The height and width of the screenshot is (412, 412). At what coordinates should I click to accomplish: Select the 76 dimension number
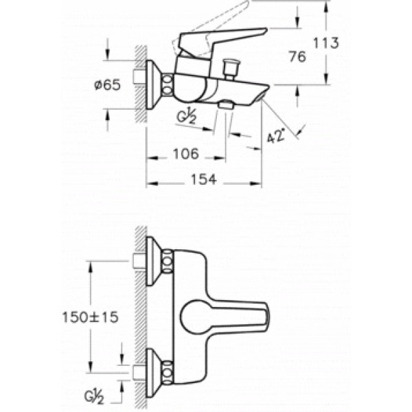(297, 58)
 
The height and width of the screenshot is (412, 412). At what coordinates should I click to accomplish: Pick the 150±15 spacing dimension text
(91, 317)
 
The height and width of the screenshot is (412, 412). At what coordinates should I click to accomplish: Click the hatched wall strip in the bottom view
(141, 316)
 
